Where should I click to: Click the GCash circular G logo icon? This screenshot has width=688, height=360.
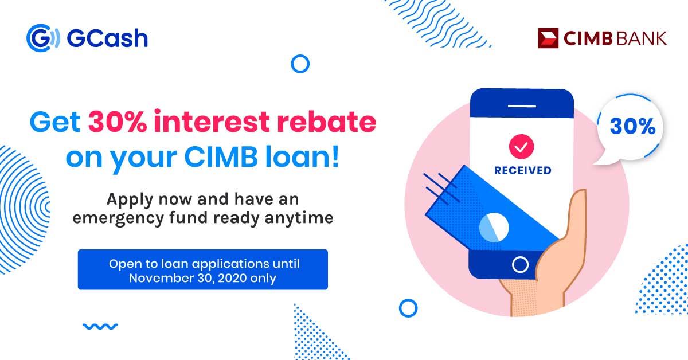pyautogui.click(x=42, y=38)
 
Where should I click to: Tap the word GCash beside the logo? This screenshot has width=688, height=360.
pyautogui.click(x=107, y=38)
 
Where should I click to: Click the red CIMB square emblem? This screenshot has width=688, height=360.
pyautogui.click(x=548, y=38)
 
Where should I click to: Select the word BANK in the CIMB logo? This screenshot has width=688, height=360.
pyautogui.click(x=641, y=38)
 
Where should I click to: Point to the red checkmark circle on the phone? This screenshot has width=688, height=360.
pyautogui.click(x=522, y=147)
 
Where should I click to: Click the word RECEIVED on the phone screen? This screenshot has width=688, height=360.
pyautogui.click(x=523, y=170)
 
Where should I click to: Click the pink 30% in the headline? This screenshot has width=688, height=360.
pyautogui.click(x=118, y=122)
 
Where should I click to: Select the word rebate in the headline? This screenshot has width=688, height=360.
pyautogui.click(x=326, y=122)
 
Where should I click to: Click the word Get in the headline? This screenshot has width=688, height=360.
pyautogui.click(x=55, y=122)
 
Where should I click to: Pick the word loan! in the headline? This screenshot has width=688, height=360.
pyautogui.click(x=302, y=156)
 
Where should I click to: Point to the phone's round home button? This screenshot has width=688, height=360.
pyautogui.click(x=521, y=264)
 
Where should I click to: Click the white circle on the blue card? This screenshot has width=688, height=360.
pyautogui.click(x=494, y=228)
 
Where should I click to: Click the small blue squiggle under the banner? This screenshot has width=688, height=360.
pyautogui.click(x=100, y=327)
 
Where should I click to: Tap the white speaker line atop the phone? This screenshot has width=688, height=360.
pyautogui.click(x=522, y=106)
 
